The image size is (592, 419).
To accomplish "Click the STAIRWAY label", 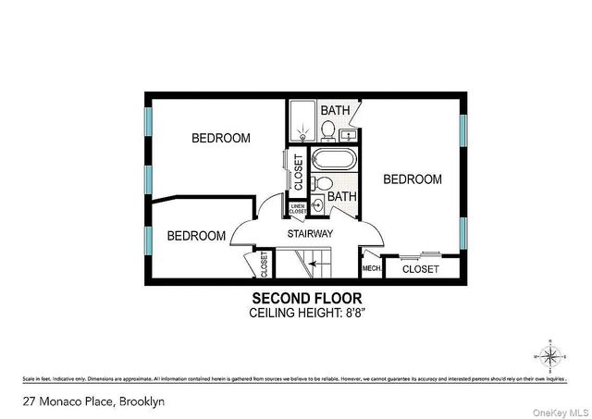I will (x=309, y=234).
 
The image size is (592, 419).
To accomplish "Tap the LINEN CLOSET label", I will (x=298, y=209).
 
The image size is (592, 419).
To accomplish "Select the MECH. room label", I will (x=372, y=269).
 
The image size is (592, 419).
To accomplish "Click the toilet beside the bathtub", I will (x=316, y=182).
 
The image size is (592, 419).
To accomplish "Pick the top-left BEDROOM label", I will (x=221, y=139).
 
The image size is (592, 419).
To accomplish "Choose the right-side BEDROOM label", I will (x=413, y=179).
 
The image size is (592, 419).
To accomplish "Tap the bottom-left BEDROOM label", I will (x=196, y=236).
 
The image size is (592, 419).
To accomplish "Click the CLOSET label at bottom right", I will (x=421, y=269).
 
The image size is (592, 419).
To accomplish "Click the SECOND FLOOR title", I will (x=307, y=298).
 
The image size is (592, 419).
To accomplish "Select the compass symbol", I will (x=549, y=355).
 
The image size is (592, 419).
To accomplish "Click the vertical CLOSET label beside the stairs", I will (x=265, y=265).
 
